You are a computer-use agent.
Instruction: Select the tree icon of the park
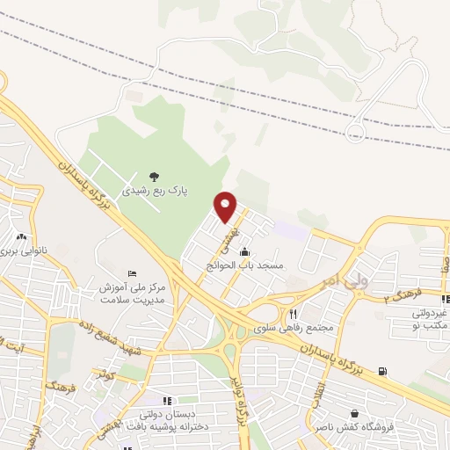coord(155,176)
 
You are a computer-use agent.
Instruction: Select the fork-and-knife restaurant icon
coord(294,314)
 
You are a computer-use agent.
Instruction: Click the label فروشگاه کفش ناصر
coord(354,428)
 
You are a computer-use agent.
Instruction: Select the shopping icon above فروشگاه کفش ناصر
coord(354,414)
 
